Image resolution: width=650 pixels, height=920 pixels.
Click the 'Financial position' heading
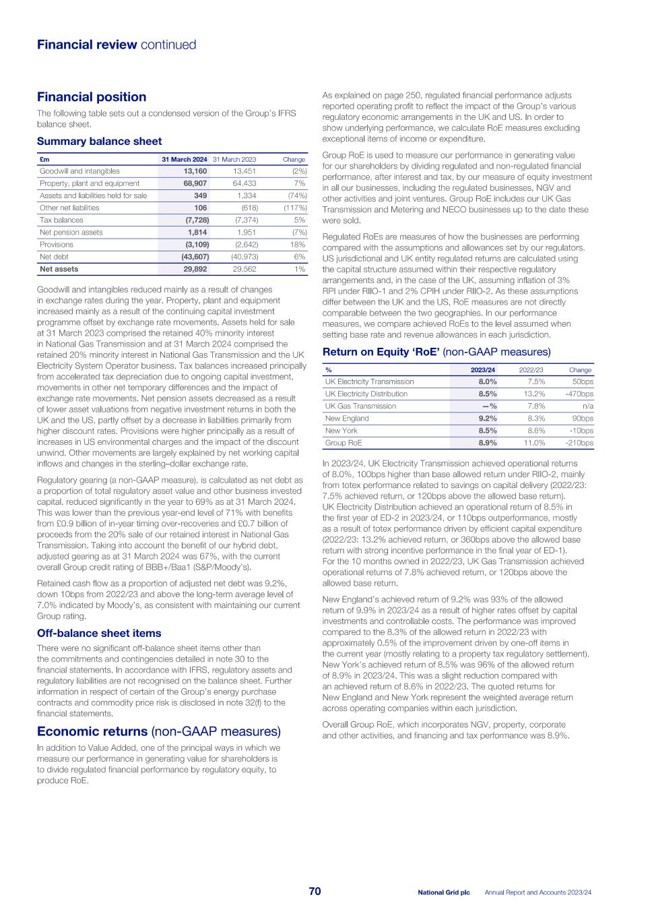[x=92, y=97]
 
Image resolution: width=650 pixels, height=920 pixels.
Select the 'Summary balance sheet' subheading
[x=99, y=142]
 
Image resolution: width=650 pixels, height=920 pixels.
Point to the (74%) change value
[x=296, y=195]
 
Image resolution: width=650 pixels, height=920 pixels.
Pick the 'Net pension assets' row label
[x=71, y=233]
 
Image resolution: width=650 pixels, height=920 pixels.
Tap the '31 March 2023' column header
[x=234, y=159]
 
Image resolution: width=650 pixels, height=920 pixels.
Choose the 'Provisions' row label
[x=55, y=245]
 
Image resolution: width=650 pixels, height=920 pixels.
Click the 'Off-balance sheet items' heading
[x=99, y=634]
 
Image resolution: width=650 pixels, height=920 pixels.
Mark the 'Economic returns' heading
[x=92, y=732]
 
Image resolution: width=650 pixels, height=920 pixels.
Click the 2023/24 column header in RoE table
[x=483, y=369]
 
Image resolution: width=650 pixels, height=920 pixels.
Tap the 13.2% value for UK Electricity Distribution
[x=534, y=394]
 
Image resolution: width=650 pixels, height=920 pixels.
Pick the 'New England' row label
[x=347, y=419]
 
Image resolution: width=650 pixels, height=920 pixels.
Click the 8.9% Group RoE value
[x=487, y=443]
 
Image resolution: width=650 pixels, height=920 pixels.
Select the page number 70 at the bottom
[x=315, y=892]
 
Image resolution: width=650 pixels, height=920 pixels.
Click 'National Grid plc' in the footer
[x=443, y=892]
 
